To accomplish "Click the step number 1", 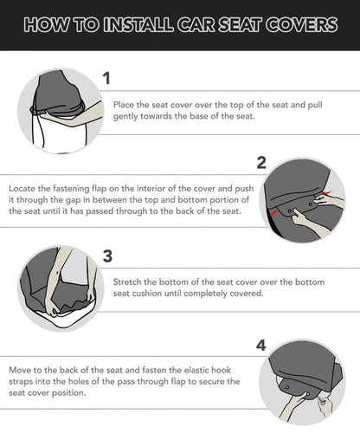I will click(x=106, y=79).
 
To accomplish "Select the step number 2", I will click(x=260, y=163).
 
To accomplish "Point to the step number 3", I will click(x=106, y=256).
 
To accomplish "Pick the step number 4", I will click(x=260, y=345).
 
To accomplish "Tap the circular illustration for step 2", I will click(x=302, y=201).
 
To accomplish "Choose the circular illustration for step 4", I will click(x=302, y=379).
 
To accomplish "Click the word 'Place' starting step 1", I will click(x=125, y=104).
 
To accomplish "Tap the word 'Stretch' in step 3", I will click(x=128, y=282).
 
